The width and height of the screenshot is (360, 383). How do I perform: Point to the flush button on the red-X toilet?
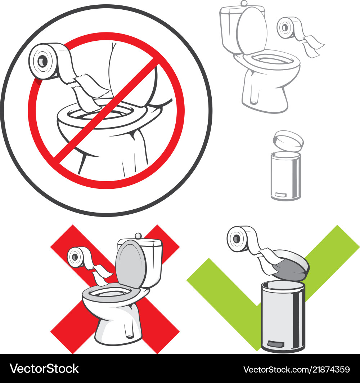coord(138,236)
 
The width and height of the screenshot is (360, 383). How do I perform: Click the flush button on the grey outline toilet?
coord(244,3)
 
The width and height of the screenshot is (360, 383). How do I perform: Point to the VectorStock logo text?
coord(44,369)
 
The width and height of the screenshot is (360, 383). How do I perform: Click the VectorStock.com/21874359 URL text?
coord(296,369)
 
